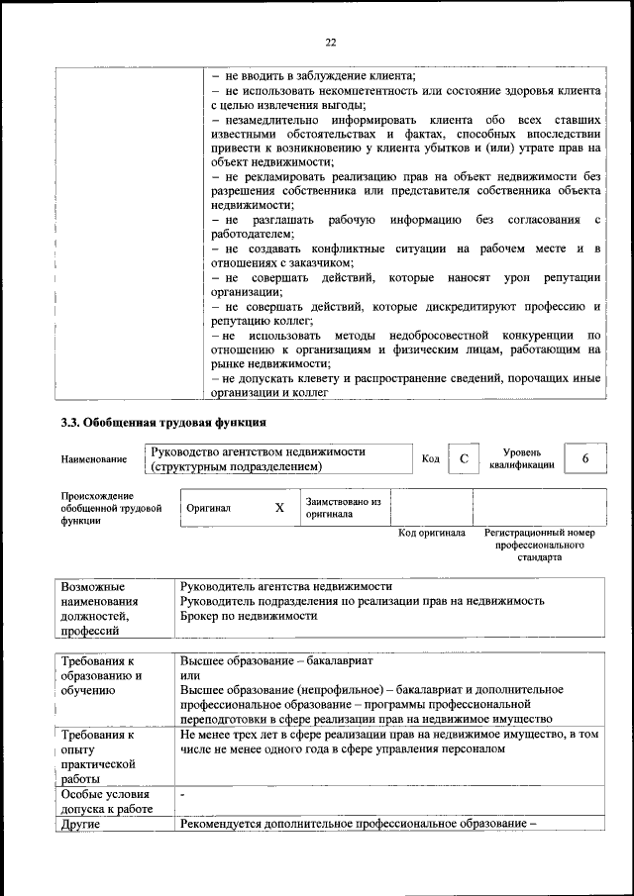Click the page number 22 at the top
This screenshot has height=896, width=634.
point(331,42)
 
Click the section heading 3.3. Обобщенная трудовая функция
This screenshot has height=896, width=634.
point(163,423)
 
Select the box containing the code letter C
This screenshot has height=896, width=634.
point(463,458)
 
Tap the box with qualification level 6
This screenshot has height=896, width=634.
point(585,458)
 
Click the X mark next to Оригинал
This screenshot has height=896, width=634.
point(279,507)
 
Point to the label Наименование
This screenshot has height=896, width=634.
point(94,459)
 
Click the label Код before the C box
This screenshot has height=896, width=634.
point(431,458)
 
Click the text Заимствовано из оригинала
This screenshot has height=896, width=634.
point(344,508)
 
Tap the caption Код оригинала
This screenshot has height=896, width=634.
point(432,533)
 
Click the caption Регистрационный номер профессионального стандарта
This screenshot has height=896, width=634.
point(540,545)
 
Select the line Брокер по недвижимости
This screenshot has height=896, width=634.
point(249,616)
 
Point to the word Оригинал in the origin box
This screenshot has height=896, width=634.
point(209,508)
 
